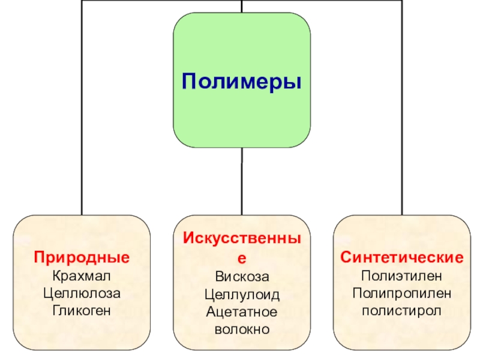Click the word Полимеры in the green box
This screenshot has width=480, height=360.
tap(241, 80)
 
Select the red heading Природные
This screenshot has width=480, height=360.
tap(82, 258)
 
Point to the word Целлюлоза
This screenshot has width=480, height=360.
tap(82, 294)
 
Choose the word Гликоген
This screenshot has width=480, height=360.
tap(82, 311)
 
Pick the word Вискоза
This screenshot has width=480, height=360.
tap(242, 277)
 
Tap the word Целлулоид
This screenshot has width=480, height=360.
tap(242, 295)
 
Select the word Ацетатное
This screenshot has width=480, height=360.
tap(242, 312)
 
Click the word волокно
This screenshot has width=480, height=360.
tap(242, 329)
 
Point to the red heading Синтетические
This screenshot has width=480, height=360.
tap(402, 258)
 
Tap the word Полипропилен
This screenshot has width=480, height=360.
tap(402, 294)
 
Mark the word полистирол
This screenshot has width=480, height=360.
tap(402, 311)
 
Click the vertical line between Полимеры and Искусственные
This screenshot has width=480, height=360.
tap(242, 180)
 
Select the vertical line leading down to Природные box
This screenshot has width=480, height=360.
tap(82, 120)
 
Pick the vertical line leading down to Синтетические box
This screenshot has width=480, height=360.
tap(402, 120)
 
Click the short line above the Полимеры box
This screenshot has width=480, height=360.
tap(242, 6)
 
